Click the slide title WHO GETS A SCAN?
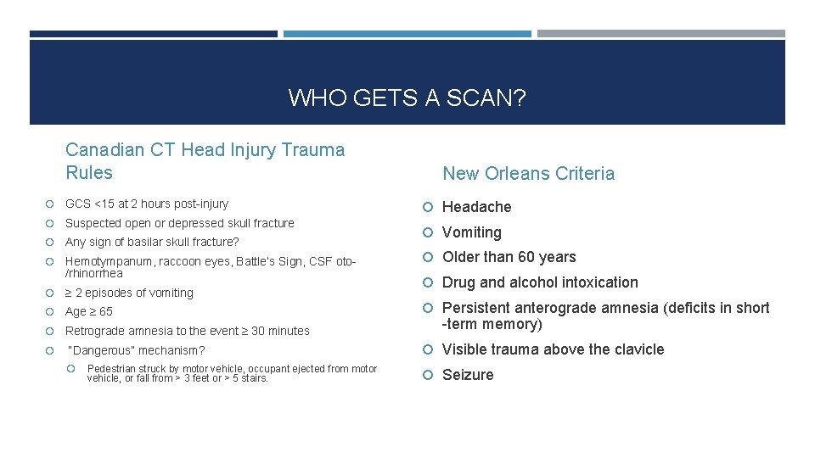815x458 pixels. coord(407,98)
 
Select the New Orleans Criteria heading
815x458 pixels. coord(528,174)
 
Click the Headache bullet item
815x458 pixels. coord(476,207)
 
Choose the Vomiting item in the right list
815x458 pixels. coord(471,232)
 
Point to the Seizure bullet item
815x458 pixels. coord(467,375)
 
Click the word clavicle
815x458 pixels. coord(637,349)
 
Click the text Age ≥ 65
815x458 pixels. coord(88,311)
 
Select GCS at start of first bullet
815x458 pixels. coord(78,204)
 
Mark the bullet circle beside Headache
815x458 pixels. coord(430,208)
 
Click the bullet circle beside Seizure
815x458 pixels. coord(430,376)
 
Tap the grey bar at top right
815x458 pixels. coord(660,34)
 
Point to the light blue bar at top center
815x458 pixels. coord(407,34)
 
